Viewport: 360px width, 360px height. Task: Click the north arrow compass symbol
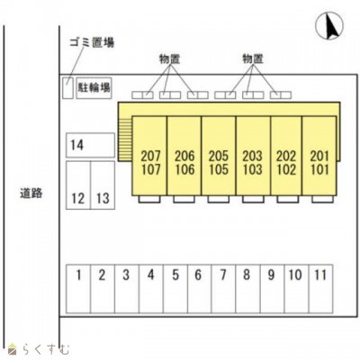coord(329,27)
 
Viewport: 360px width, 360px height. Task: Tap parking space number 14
coord(90,145)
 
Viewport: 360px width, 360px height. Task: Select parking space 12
coord(78,185)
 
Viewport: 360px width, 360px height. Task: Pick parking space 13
coord(103,185)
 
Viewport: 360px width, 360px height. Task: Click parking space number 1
coord(78,289)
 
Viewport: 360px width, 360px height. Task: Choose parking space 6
coord(200,289)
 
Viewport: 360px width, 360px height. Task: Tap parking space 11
coord(320,289)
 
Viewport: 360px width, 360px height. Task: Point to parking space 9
coord(272,289)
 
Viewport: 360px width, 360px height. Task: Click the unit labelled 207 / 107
coord(149,156)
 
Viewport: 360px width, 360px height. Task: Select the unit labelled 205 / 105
coord(219,156)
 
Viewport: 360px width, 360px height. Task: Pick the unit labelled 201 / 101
coord(319,156)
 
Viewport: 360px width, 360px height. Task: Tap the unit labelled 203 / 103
coord(253,156)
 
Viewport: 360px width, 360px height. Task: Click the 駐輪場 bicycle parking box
coord(94,88)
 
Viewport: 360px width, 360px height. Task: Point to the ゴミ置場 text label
coord(92,42)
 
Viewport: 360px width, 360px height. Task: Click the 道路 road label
coord(31,193)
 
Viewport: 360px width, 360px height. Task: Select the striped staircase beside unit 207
coord(125,139)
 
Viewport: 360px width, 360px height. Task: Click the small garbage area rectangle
coord(67,87)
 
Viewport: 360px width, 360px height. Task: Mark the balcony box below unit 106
coord(184,199)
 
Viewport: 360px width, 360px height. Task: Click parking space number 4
coord(151,289)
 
